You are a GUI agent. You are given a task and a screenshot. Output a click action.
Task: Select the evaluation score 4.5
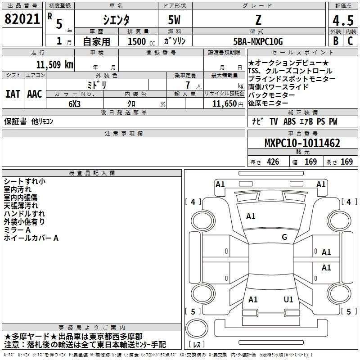coord(342,20)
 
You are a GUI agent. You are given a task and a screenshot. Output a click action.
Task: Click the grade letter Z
coord(258,20)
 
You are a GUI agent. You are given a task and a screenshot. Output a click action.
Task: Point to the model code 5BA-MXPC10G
coord(258,41)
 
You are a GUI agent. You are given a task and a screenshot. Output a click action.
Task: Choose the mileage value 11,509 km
coord(54,64)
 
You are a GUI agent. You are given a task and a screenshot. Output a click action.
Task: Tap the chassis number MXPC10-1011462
coord(302,144)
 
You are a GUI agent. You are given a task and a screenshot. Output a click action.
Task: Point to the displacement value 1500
coord(137,42)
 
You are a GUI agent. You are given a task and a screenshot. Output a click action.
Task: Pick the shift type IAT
coord(13,94)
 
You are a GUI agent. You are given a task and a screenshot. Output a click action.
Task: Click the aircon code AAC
coord(35,94)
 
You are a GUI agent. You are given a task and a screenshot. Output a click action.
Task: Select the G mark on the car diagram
coord(284,237)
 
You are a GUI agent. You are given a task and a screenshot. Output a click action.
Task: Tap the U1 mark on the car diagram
coord(288,299)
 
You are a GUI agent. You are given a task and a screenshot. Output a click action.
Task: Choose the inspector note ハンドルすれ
coord(24,214)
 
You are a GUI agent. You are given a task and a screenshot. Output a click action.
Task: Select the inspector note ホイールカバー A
coord(31,238)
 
